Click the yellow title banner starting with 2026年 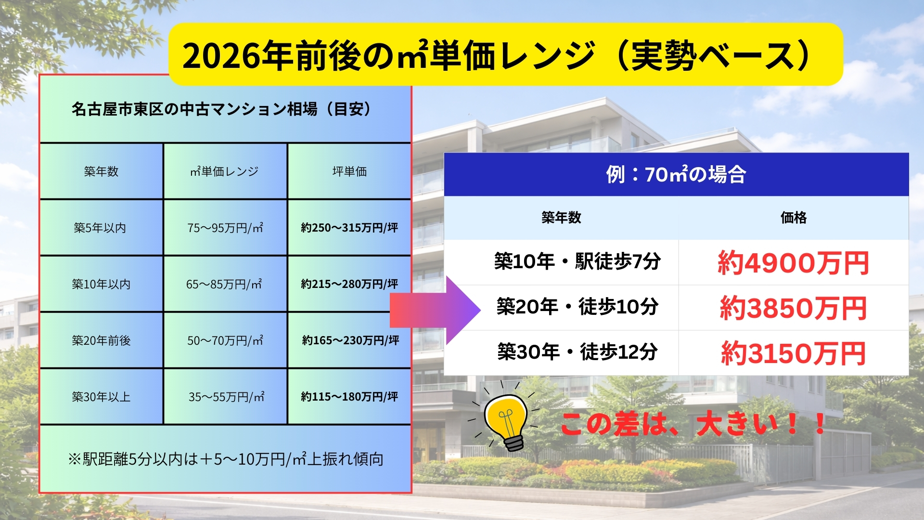coord(505,54)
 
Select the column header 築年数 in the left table coord(101,171)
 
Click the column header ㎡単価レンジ coord(224,171)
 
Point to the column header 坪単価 coord(349,171)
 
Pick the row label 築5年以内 coord(100,228)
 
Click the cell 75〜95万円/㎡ coord(225,228)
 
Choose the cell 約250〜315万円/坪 coord(349,228)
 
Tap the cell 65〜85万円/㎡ coord(224,284)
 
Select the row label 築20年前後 coord(101,340)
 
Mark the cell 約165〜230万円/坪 coord(350,340)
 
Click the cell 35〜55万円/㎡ coord(226,397)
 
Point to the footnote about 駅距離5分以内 coord(226,459)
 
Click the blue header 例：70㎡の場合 coord(676,174)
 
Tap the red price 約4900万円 coord(793,263)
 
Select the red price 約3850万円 coord(793,308)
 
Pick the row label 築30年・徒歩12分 coord(577,352)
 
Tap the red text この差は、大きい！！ coord(693,424)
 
